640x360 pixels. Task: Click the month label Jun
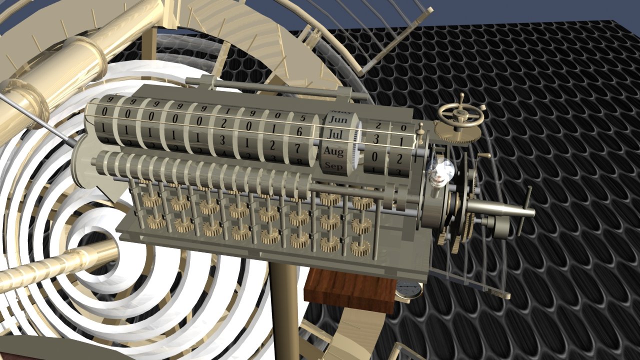click(x=339, y=120)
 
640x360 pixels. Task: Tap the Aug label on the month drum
click(x=333, y=150)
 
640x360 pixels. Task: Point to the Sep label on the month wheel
click(x=333, y=165)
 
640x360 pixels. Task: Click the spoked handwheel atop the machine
click(x=460, y=114)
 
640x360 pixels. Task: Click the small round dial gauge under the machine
click(x=409, y=289)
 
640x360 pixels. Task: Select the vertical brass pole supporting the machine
click(x=285, y=310)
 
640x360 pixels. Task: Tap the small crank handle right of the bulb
click(x=482, y=157)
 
